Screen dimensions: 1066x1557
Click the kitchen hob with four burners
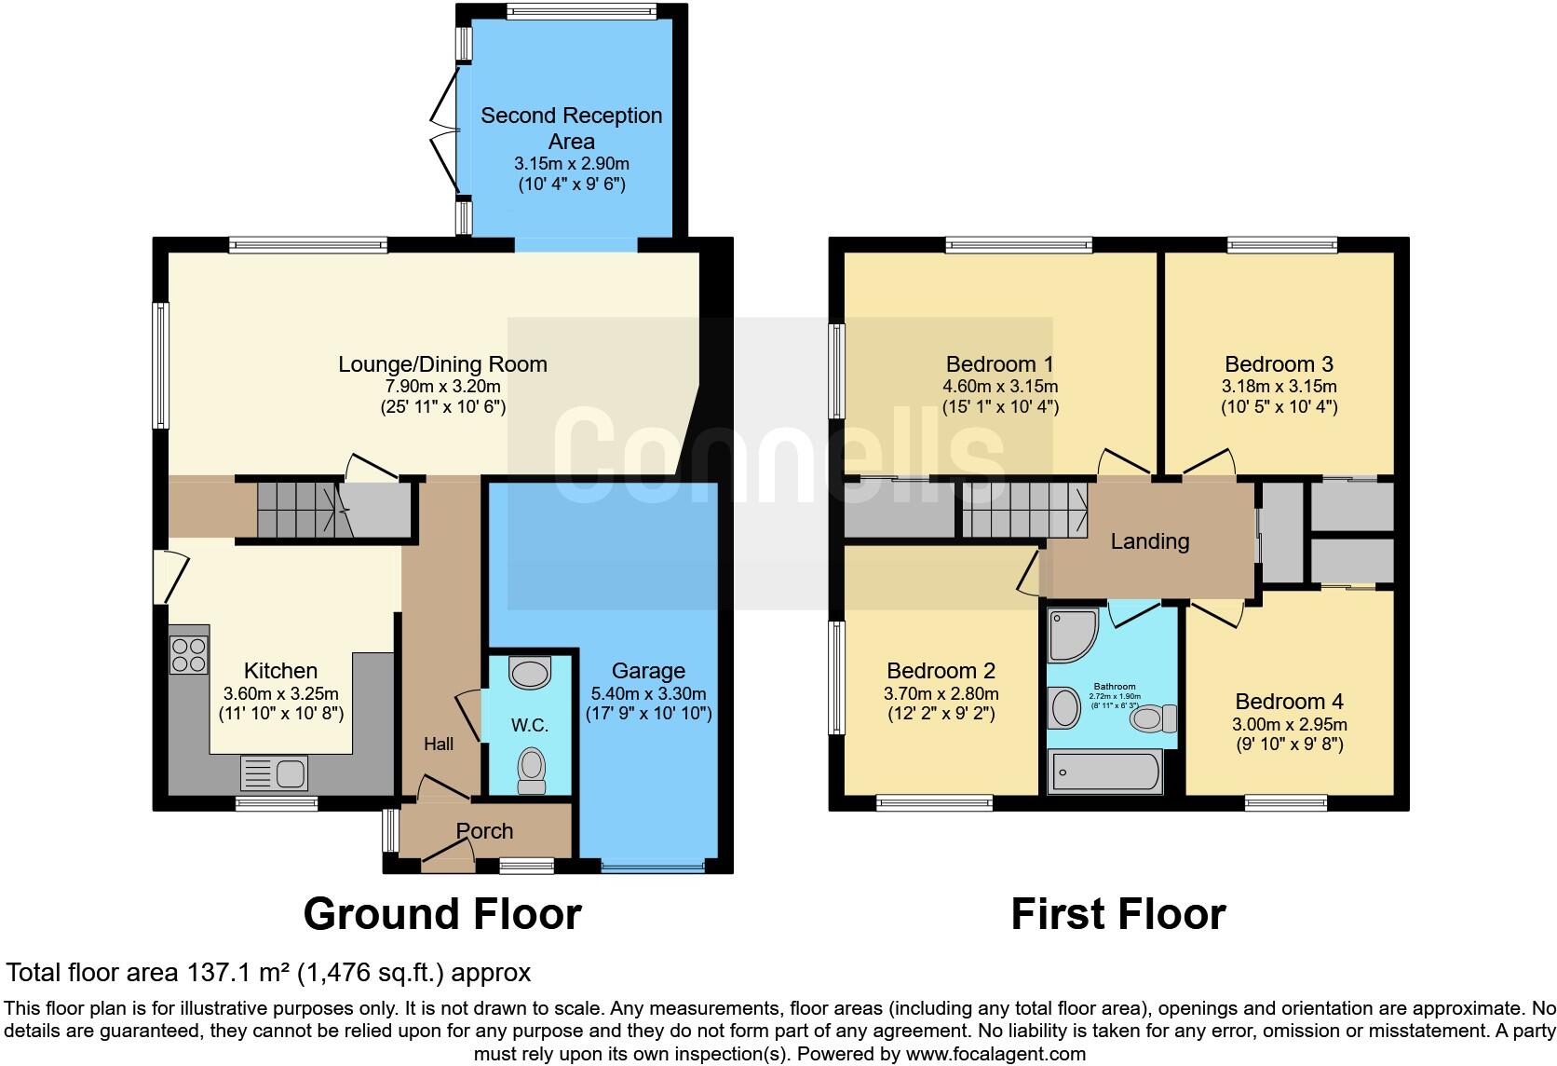(x=188, y=653)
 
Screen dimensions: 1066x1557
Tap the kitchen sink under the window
(x=274, y=773)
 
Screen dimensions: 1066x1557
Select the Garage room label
(x=648, y=671)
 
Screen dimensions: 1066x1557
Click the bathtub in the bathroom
(x=1104, y=772)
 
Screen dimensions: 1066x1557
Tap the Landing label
(x=1149, y=541)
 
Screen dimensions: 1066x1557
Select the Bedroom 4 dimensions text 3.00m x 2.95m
(x=1290, y=724)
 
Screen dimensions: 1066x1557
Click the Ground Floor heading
(x=442, y=914)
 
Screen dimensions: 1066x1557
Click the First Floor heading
(x=1117, y=914)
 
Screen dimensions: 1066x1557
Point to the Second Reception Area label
(x=572, y=129)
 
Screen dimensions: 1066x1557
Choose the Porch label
(x=484, y=831)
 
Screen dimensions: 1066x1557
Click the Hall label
(x=439, y=744)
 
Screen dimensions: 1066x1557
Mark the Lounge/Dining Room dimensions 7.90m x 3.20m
(x=442, y=386)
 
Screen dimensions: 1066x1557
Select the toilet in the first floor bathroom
(x=1156, y=718)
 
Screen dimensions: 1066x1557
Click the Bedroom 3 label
(x=1279, y=364)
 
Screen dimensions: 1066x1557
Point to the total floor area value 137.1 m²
(x=237, y=973)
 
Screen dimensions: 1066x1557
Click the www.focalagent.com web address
(x=995, y=1055)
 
